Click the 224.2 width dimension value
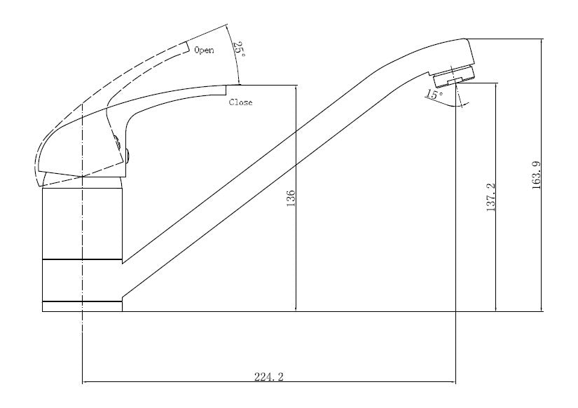point(269,376)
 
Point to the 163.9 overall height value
point(537,176)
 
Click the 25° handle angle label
point(238,50)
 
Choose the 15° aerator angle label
point(434,95)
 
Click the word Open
point(204,50)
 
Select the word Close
point(240,102)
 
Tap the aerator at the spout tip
point(454,75)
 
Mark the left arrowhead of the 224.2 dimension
point(85,382)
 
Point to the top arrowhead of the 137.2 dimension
point(496,86)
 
